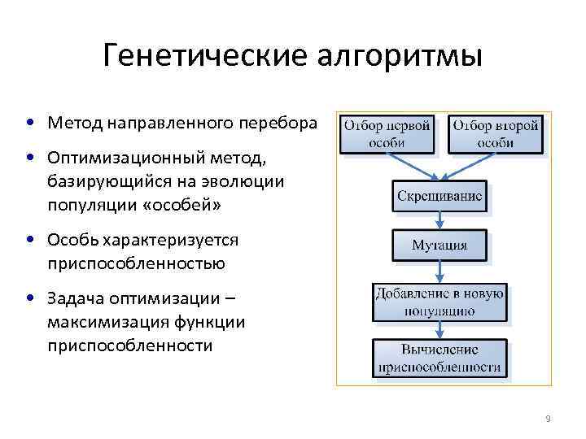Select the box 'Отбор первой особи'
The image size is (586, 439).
(387, 134)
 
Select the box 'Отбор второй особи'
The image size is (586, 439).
(495, 134)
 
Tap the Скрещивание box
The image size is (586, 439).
(439, 196)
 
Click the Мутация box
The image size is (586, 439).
(439, 244)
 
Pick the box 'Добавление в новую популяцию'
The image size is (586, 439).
(439, 302)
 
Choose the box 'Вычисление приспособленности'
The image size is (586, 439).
(439, 358)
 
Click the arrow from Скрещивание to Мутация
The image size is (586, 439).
(439, 220)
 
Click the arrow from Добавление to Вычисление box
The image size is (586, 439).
(439, 329)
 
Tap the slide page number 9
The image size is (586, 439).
(548, 419)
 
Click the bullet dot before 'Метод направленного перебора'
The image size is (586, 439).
(29, 124)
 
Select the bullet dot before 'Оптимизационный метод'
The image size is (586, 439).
(29, 155)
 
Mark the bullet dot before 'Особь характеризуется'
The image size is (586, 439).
(29, 240)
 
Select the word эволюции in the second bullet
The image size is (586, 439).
(246, 180)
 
